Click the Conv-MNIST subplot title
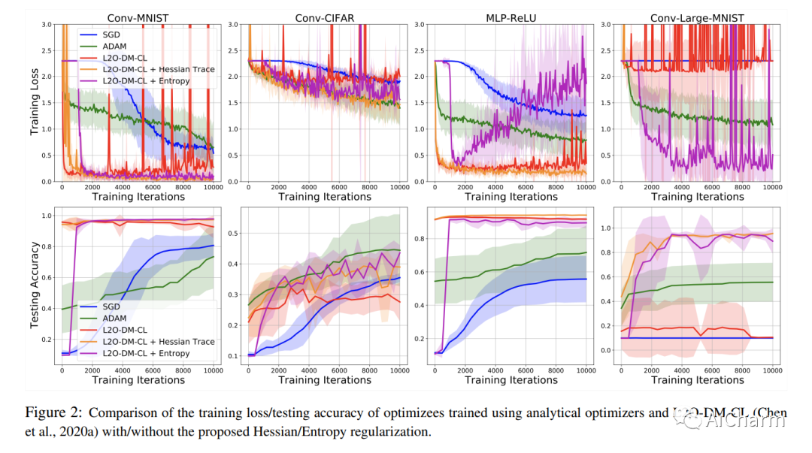pos(138,17)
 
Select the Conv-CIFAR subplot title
pos(324,17)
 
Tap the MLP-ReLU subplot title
pos(511,17)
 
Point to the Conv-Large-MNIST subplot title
pos(697,17)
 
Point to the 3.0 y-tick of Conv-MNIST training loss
pos(49,24)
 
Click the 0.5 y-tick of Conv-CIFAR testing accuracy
pos(235,233)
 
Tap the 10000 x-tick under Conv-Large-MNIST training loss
pos(773,188)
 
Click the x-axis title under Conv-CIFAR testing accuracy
pos(324,380)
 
